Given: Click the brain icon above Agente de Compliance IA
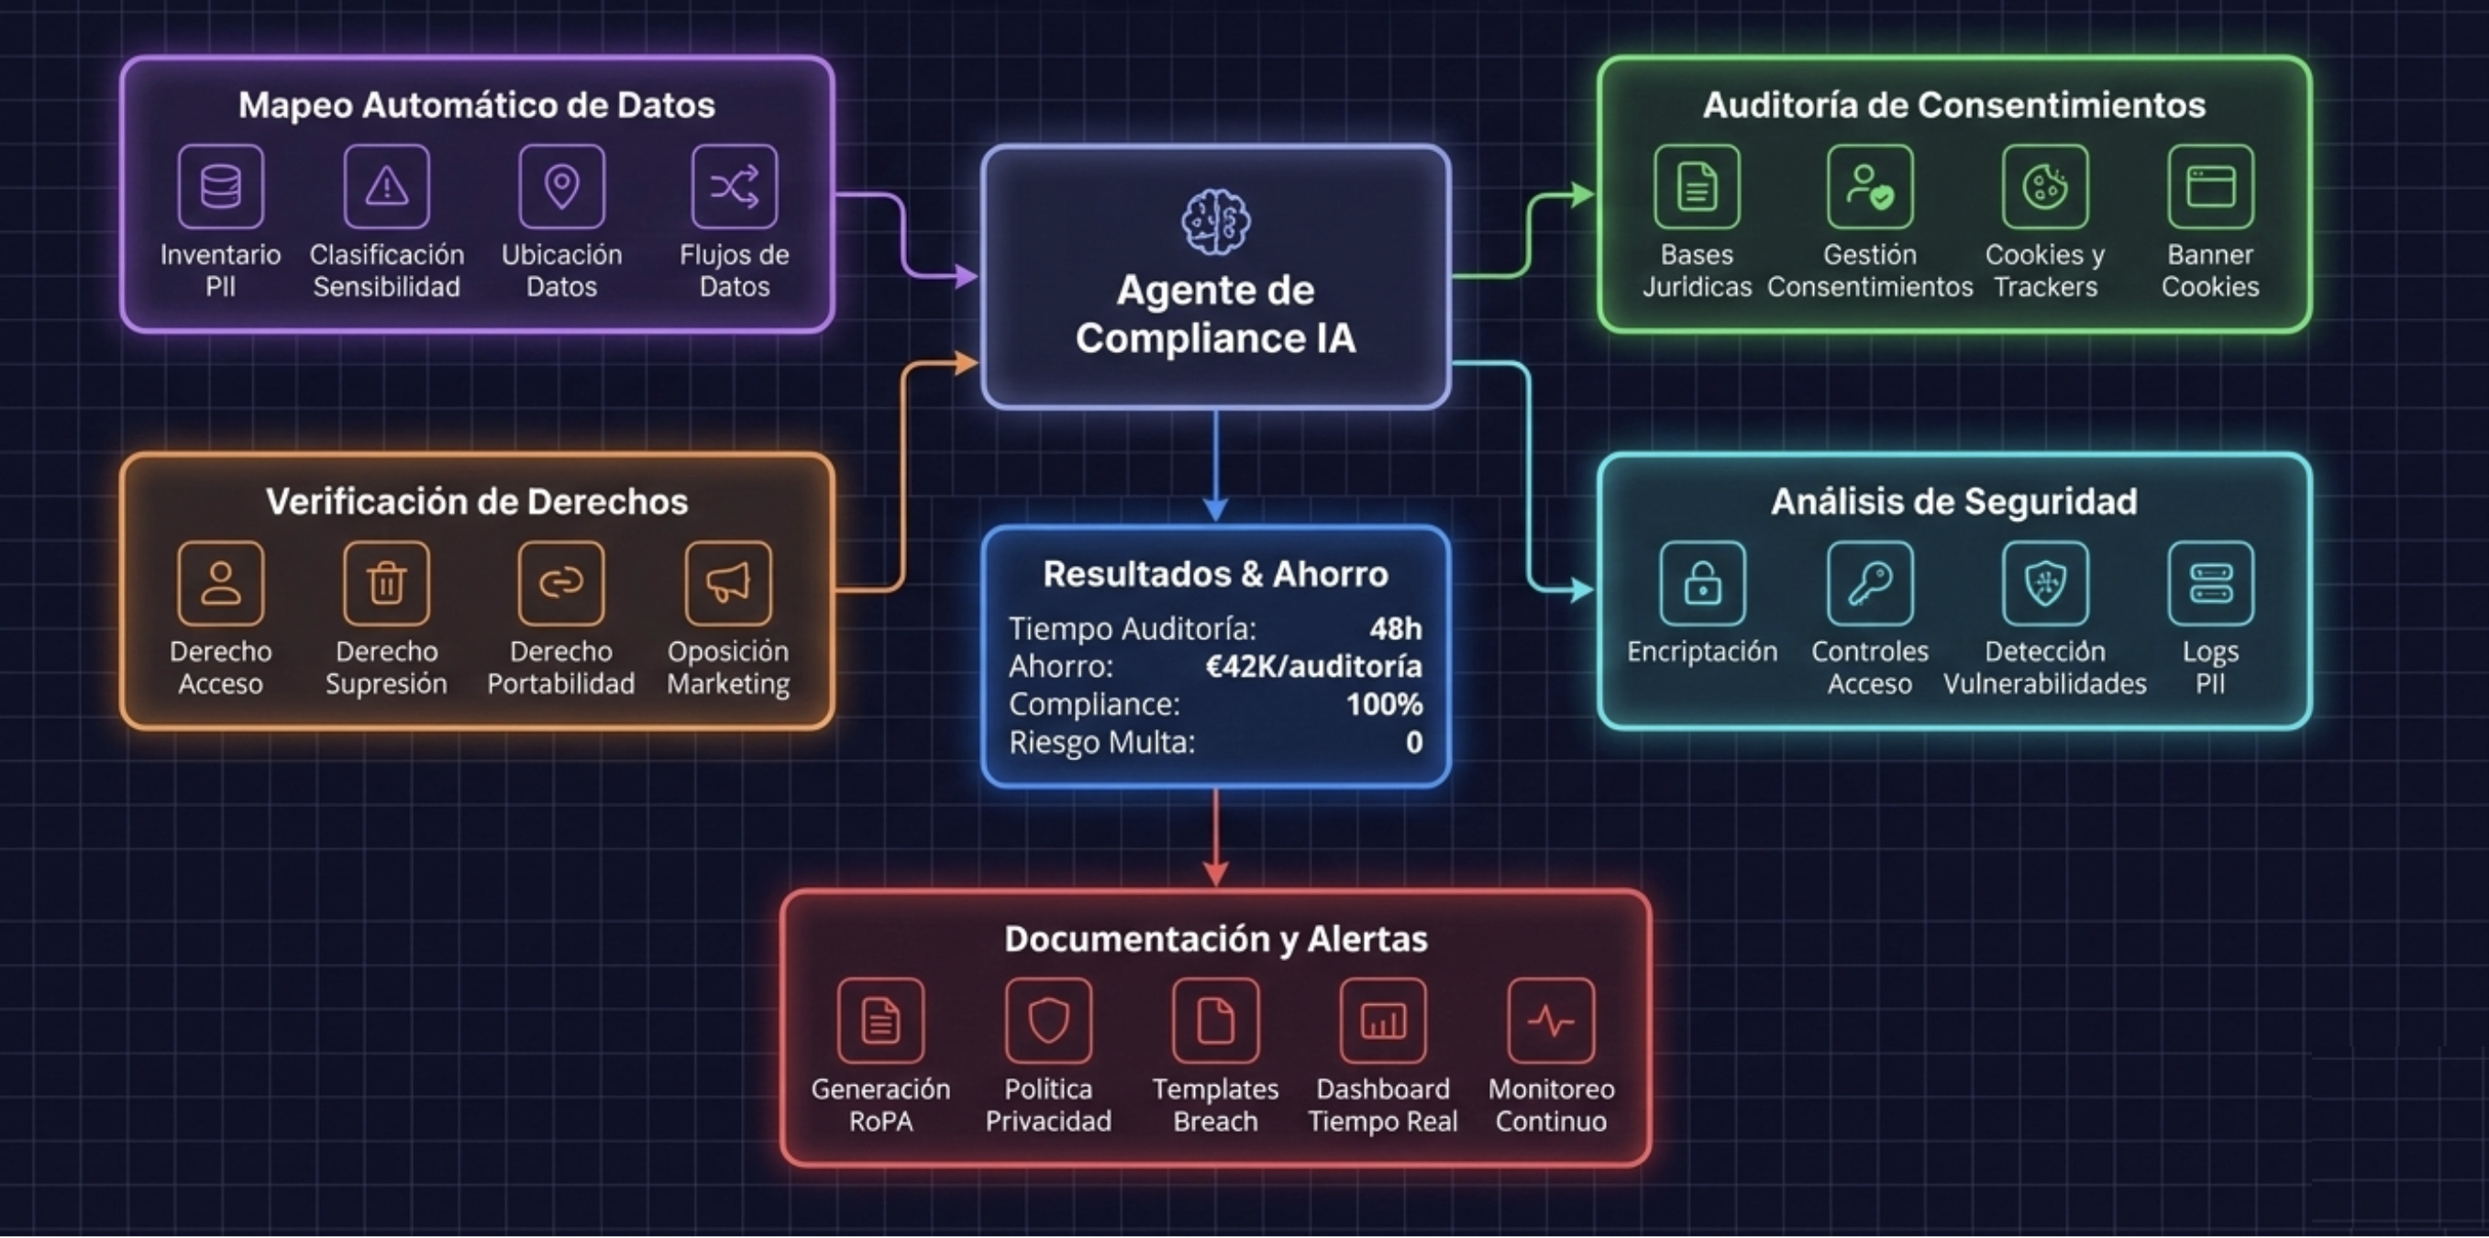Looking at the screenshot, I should tap(1215, 221).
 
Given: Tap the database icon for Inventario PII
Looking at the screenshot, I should tap(220, 185).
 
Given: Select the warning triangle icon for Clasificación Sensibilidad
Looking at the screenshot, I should tap(386, 185).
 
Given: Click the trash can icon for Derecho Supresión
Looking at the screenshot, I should tap(386, 582).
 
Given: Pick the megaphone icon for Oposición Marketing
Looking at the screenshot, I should tap(727, 582).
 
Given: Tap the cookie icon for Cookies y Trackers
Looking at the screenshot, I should tap(2044, 185).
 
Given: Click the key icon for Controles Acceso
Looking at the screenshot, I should tap(1870, 582).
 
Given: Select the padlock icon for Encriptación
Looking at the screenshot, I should tap(1701, 582).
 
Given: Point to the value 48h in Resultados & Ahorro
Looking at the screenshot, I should tap(1395, 629).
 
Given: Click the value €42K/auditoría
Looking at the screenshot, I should tap(1313, 667).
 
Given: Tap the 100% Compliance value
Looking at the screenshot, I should tap(1384, 704).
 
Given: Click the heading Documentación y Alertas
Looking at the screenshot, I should tap(1215, 938).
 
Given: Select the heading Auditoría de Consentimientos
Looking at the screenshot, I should tap(1953, 105).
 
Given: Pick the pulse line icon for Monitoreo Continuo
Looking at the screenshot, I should tap(1551, 1021).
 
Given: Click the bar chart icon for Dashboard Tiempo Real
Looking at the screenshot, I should tap(1383, 1021).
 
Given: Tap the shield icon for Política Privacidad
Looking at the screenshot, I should tap(1048, 1021).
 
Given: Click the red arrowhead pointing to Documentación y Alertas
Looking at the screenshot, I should tap(1215, 873).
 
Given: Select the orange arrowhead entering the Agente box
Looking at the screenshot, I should tap(967, 363).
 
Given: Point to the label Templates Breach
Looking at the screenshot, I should tap(1215, 1105).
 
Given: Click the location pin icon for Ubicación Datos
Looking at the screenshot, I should tap(561, 185).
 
